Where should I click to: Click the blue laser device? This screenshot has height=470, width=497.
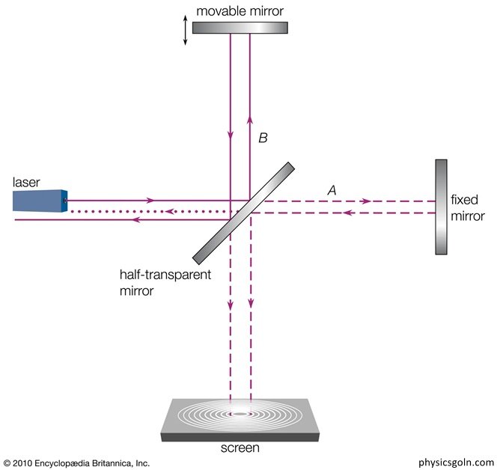pos(39,201)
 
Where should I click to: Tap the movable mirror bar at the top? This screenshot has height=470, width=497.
pos(240,27)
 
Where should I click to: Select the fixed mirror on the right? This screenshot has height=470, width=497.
pos(441,207)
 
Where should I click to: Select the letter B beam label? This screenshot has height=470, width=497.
pos(262,138)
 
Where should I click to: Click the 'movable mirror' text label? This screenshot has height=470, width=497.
pos(239,10)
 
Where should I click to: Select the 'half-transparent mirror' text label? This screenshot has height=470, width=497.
pos(159,281)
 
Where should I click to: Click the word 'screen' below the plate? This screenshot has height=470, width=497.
pos(241,448)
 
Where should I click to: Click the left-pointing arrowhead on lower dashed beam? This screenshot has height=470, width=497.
pos(347,213)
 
